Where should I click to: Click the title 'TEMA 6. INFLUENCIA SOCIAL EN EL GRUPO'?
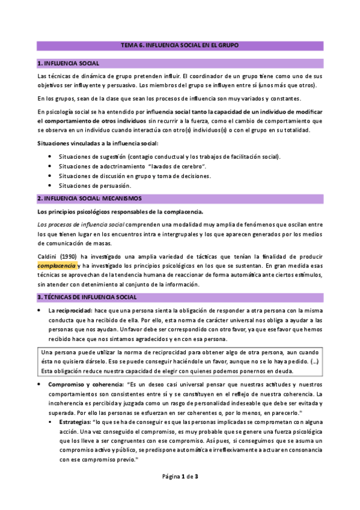click(180, 46)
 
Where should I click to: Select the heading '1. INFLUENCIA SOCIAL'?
click(70, 63)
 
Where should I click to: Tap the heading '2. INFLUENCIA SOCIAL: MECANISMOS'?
click(90, 198)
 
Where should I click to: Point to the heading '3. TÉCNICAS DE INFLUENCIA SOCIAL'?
click(87, 297)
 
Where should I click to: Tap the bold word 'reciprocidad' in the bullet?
click(73, 310)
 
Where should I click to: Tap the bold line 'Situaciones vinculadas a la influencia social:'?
click(97, 143)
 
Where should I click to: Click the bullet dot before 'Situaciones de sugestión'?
click(49, 156)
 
